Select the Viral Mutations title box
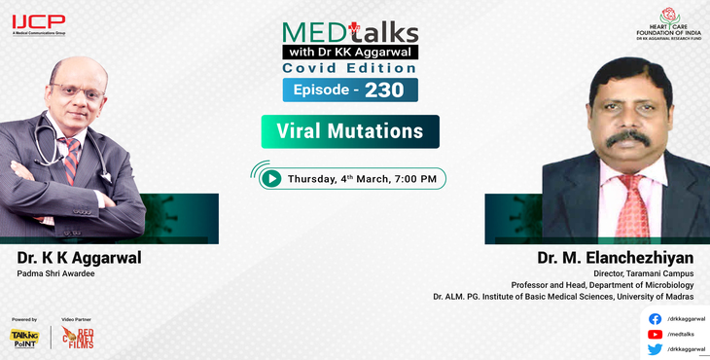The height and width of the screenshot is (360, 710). pos(350,131)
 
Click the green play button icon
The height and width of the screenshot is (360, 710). pos(271,178)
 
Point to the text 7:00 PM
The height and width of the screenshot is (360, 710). pos(413,179)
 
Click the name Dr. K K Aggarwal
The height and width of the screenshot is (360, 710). pos(79,258)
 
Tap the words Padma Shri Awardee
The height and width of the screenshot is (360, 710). pos(57,274)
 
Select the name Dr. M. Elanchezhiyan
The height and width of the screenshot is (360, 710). pos(615,258)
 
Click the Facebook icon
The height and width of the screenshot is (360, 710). pos(655,318)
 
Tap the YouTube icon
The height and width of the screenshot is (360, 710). pos(655,334)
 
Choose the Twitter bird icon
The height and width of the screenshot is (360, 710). pos(655,349)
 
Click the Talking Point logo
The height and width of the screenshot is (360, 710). pos(24,337)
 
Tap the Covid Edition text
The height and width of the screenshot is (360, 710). pos(350,68)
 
